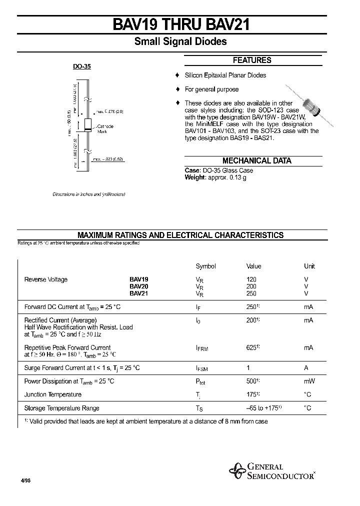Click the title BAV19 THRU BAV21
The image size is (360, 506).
pyautogui.click(x=180, y=24)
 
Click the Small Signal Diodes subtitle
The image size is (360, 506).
pyautogui.click(x=180, y=42)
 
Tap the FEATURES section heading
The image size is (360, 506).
pyautogui.click(x=252, y=60)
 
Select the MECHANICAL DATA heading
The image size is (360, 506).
pyautogui.click(x=256, y=161)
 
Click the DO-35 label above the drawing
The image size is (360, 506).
pyautogui.click(x=82, y=66)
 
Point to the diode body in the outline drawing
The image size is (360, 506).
pyautogui.click(x=87, y=125)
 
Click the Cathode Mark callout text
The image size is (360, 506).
pyautogui.click(x=105, y=128)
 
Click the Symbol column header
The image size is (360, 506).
pyautogui.click(x=205, y=266)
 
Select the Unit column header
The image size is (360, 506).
pyautogui.click(x=309, y=266)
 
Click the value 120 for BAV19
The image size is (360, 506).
pyautogui.click(x=251, y=279)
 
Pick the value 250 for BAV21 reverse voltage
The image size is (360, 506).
pyautogui.click(x=251, y=293)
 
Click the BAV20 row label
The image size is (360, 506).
pyautogui.click(x=138, y=286)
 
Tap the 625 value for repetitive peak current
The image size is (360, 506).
pyautogui.click(x=253, y=347)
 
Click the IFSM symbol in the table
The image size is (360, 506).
pyautogui.click(x=201, y=368)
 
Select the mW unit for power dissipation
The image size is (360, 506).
pyautogui.click(x=309, y=381)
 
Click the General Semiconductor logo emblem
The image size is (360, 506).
pyautogui.click(x=237, y=470)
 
